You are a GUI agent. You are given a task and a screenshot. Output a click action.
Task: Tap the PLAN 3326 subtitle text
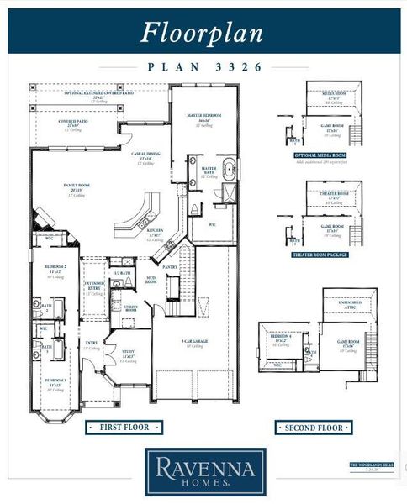[x=203, y=66]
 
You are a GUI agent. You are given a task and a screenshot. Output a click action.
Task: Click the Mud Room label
[x=151, y=281]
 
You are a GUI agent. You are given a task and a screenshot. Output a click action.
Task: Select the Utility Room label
[x=131, y=308]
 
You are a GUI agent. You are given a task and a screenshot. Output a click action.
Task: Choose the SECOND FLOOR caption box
[x=313, y=428]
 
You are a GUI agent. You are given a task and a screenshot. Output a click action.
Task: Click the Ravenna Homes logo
[x=205, y=471]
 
